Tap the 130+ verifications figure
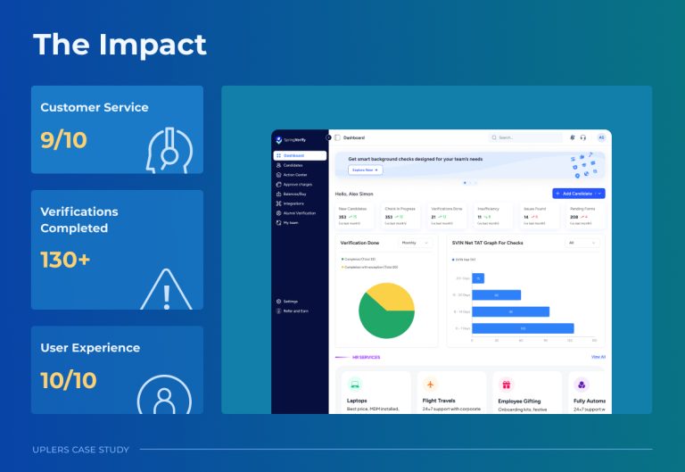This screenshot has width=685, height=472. click(65, 260)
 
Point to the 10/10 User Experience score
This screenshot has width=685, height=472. click(69, 380)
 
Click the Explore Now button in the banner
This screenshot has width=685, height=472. click(366, 170)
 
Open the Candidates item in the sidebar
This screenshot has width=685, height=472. click(294, 165)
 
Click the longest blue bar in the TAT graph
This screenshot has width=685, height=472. click(523, 329)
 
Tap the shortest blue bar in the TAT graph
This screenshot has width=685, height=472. click(478, 278)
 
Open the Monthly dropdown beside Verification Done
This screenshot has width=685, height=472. click(413, 243)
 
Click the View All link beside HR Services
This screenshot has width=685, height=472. click(598, 357)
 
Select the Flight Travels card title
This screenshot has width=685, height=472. click(439, 401)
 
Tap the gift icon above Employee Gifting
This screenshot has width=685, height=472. click(506, 385)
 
